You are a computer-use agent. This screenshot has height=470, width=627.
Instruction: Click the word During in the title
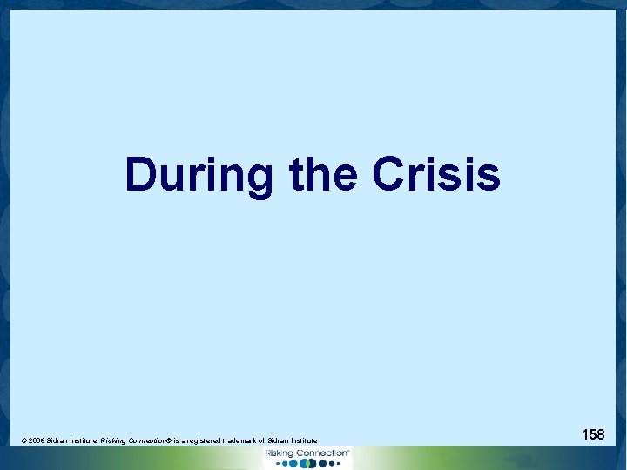199,174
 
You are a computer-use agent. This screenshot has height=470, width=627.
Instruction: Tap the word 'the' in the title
321,174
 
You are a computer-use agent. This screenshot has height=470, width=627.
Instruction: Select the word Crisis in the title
435,174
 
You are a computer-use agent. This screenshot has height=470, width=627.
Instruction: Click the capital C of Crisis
388,174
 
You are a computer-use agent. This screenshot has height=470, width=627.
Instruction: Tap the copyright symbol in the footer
24,441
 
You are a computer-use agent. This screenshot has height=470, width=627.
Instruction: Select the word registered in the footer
199,441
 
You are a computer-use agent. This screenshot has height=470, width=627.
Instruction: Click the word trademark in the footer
236,441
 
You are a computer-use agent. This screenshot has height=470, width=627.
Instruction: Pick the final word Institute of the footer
301,441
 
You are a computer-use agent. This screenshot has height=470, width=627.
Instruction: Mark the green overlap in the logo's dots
305,464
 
